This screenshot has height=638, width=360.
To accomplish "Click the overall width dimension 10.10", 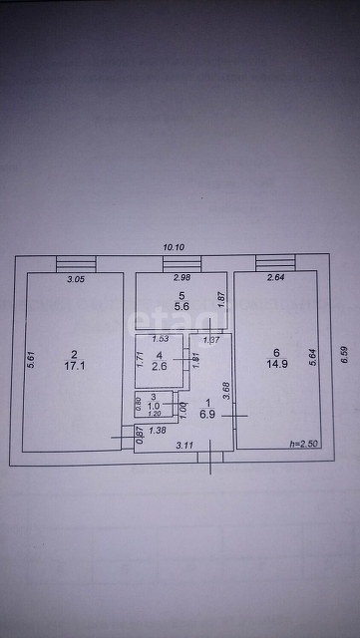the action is [x=175, y=246].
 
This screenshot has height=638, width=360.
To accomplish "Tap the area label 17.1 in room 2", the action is [x=74, y=366].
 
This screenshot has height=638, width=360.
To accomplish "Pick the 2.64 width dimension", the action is [x=275, y=278].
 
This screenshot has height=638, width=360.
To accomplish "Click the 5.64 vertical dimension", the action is [x=313, y=356].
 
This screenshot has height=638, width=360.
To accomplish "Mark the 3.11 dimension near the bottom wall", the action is [x=183, y=446].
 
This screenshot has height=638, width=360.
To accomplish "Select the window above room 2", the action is [x=76, y=262].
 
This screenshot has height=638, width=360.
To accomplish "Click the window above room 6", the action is [x=275, y=262].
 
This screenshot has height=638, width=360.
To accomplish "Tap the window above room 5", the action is [x=181, y=262].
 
